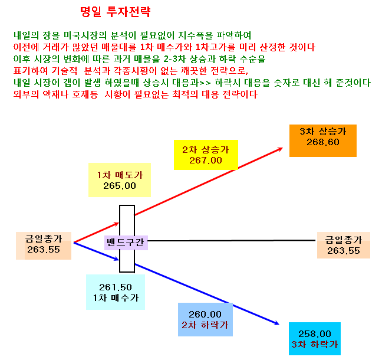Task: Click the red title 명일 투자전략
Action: (116, 12)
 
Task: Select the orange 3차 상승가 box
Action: (323, 140)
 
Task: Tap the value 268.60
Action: (323, 142)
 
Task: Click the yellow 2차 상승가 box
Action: (206, 155)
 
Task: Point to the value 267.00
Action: (206, 161)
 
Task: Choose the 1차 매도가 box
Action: (120, 180)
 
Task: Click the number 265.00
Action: (120, 186)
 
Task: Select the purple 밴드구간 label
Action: (126, 243)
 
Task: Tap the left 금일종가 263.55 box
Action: (44, 246)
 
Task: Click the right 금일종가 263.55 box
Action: (344, 245)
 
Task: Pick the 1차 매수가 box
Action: (116, 292)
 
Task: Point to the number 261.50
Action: (116, 287)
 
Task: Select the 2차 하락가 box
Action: (205, 319)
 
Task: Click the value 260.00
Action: (205, 314)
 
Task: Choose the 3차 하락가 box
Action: (315, 339)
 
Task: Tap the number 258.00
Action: (315, 333)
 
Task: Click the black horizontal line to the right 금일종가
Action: (232, 241)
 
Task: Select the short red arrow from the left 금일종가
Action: (96, 233)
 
